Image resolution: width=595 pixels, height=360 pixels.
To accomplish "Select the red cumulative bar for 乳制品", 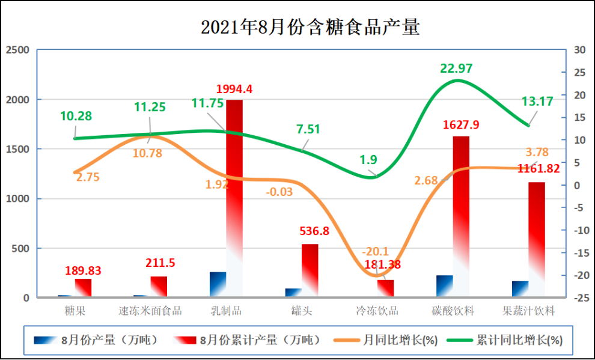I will point(234,198).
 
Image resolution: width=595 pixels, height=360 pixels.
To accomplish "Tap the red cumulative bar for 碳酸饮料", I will point(461,216).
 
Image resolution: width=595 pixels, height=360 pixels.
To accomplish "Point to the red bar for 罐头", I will point(310,270).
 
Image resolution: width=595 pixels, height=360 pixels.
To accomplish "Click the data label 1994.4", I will point(234,90).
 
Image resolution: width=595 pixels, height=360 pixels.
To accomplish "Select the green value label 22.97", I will point(456,69).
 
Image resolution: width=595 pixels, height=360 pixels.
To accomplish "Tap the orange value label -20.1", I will point(376,252).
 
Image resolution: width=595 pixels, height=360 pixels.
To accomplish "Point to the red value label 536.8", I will point(314,231).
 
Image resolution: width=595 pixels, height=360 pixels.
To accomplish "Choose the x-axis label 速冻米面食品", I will point(150,311).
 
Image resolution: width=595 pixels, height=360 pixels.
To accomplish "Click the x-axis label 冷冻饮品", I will point(377,311).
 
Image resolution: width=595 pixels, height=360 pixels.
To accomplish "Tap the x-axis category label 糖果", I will point(75,311).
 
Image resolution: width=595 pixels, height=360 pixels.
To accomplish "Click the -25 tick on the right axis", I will point(581,297).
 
